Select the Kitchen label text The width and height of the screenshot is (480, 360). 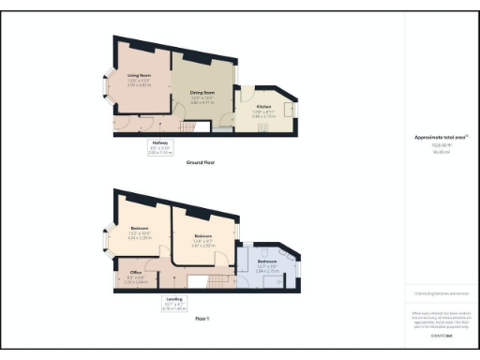click(x=264, y=106)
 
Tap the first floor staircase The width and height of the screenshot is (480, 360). click(x=217, y=281)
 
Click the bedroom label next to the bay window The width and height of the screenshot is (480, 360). click(x=141, y=230)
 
